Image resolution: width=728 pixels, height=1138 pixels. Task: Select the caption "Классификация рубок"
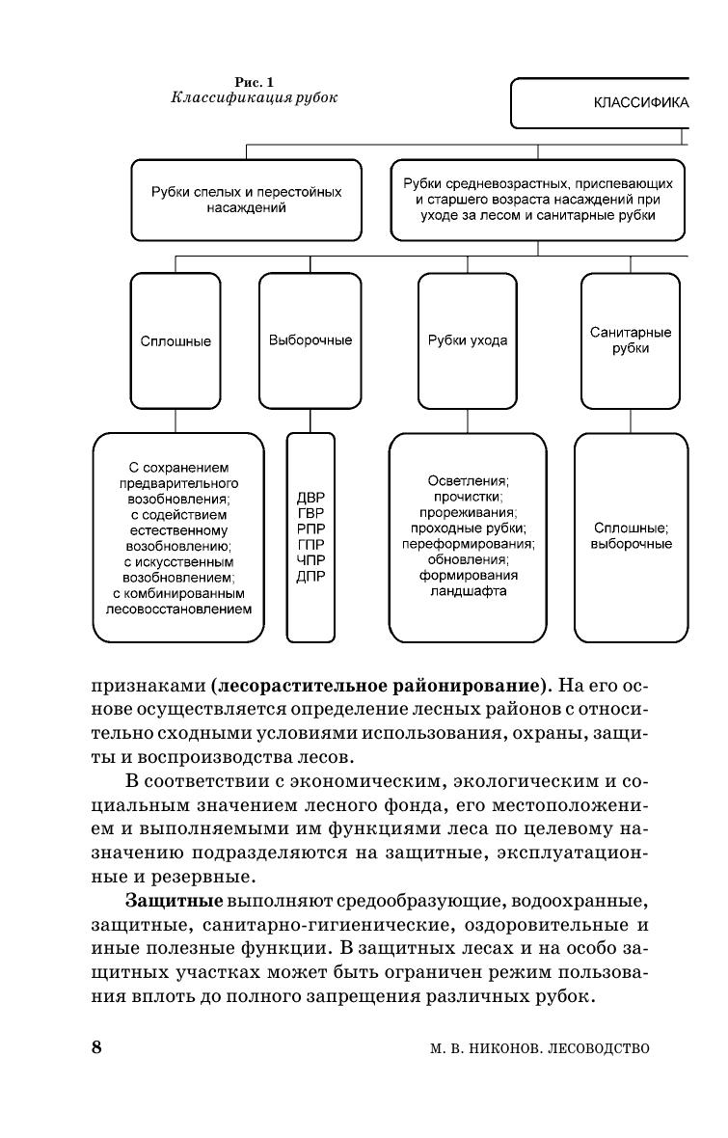point(255,98)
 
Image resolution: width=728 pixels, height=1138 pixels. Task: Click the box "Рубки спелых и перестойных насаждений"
point(247,200)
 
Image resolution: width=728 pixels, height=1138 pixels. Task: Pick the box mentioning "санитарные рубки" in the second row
point(537,200)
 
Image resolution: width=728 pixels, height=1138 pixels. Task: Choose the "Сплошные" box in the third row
point(175,340)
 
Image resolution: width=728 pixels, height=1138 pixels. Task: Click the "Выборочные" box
point(310,340)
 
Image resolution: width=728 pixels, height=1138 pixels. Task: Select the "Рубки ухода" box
point(468,340)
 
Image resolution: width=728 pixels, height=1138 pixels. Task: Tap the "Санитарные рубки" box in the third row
point(630,340)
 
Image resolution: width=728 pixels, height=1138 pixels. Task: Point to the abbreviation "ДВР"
point(310,499)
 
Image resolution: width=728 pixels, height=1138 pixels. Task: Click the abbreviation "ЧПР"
point(310,560)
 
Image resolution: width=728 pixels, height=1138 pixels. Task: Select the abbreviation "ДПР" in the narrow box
point(310,576)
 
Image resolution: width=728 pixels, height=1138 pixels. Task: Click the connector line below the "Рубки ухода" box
point(468,421)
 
